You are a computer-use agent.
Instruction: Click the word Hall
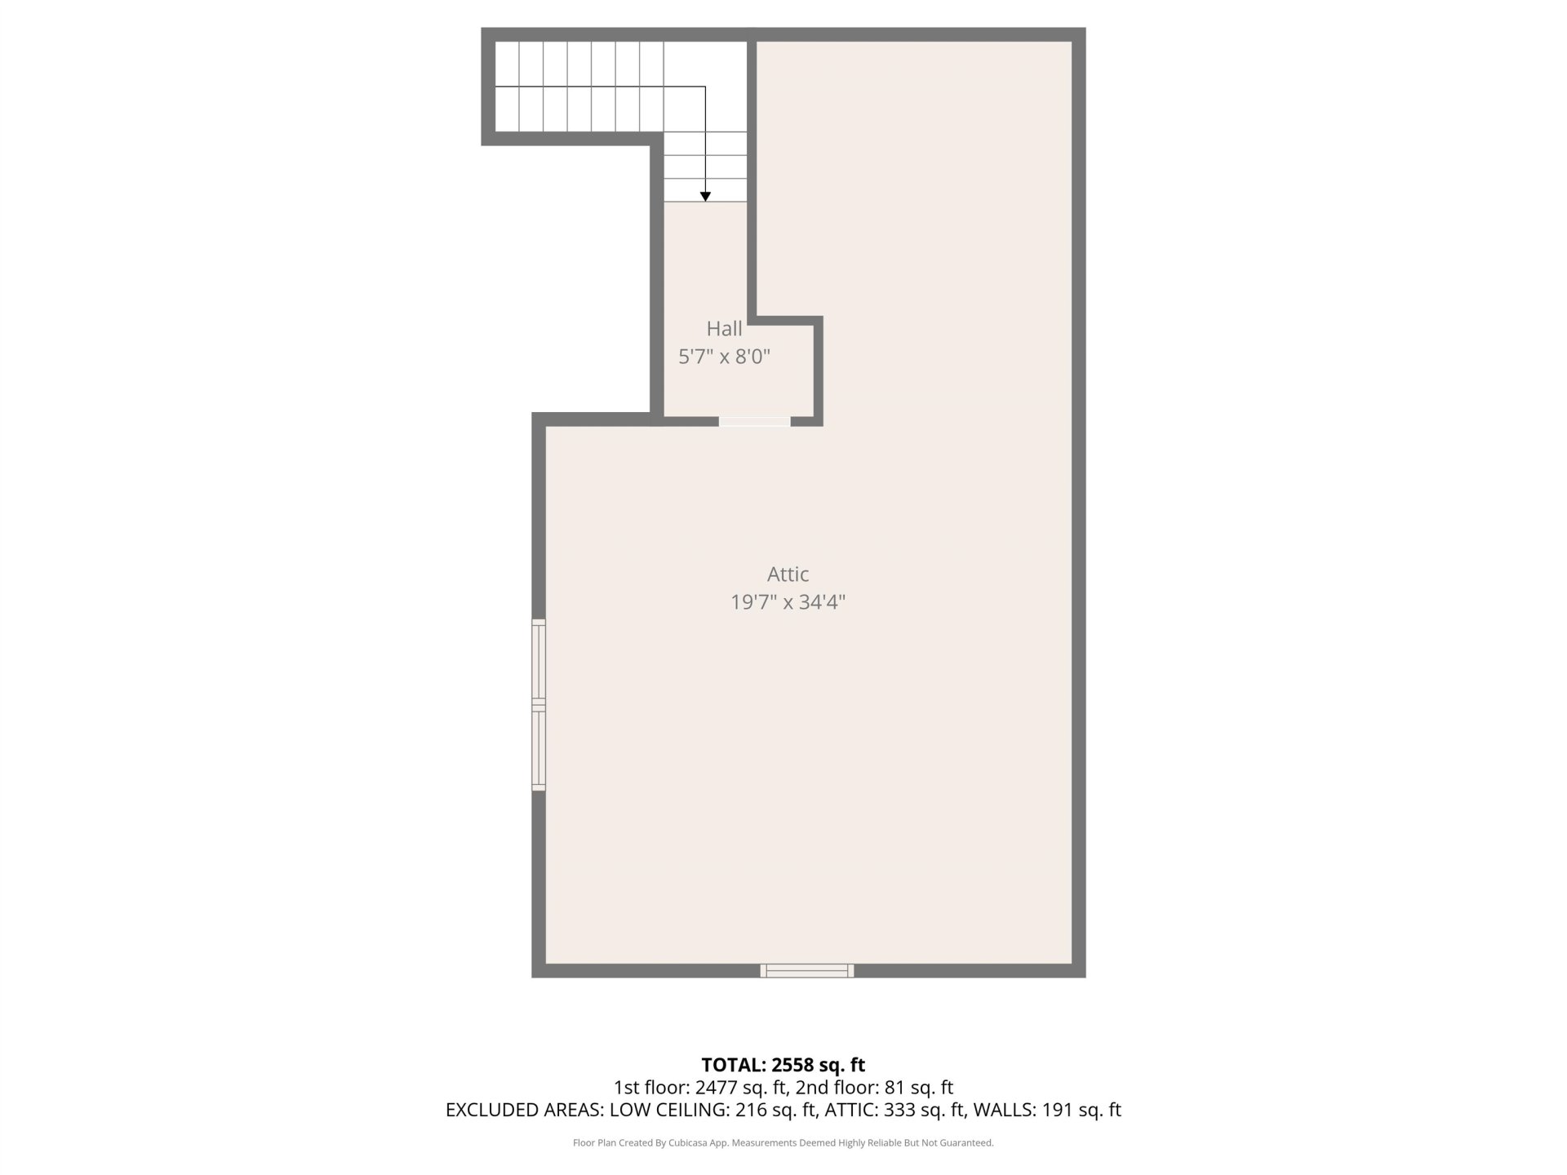click(724, 328)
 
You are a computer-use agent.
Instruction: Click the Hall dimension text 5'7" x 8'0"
click(724, 357)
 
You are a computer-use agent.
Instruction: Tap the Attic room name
click(788, 574)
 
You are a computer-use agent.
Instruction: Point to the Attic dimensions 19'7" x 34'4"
click(788, 602)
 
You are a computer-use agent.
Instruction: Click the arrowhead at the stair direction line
click(705, 197)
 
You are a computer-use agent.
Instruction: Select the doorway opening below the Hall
click(754, 421)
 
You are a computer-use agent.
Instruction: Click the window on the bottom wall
click(807, 970)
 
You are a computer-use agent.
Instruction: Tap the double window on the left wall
click(539, 705)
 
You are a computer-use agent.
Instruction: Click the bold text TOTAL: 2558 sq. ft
click(783, 1065)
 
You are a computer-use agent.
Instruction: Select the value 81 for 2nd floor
click(894, 1088)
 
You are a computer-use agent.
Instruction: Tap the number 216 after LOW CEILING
click(752, 1110)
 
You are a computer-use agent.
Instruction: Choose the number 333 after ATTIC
click(900, 1110)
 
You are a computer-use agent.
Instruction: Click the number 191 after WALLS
click(1058, 1110)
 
